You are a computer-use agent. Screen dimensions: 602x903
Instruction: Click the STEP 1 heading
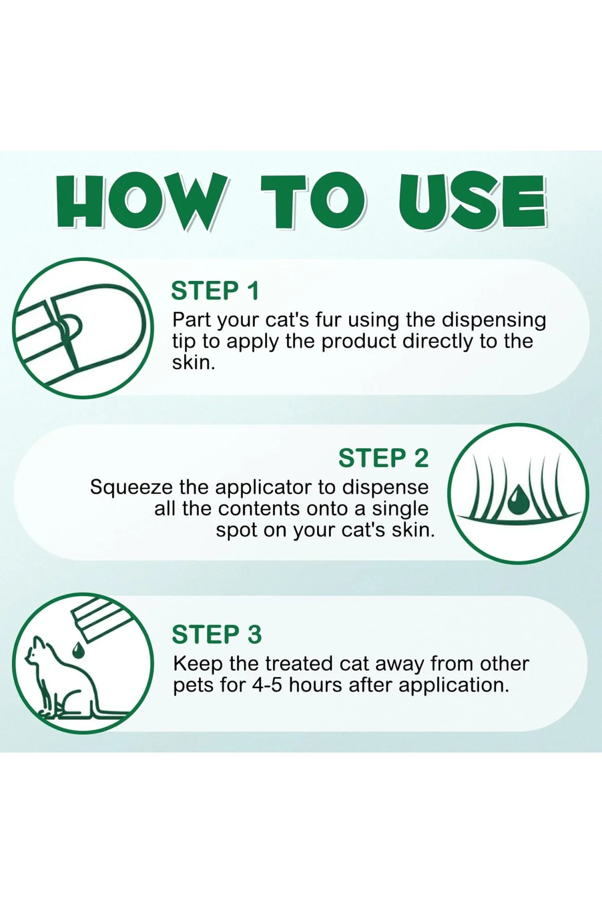pyautogui.click(x=215, y=291)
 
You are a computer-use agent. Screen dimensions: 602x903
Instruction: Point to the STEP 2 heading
pyautogui.click(x=384, y=458)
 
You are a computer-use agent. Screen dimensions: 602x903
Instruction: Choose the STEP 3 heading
pyautogui.click(x=217, y=635)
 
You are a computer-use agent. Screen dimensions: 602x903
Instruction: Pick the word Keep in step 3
pyautogui.click(x=198, y=664)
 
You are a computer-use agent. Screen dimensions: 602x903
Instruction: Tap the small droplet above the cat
pyautogui.click(x=78, y=650)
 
